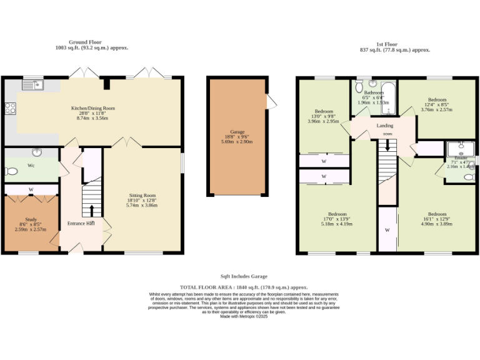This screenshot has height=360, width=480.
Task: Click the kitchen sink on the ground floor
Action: (x=32, y=84)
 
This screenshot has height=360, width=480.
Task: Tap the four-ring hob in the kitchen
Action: (x=10, y=108)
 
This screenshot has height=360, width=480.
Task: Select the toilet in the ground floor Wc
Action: (x=11, y=171)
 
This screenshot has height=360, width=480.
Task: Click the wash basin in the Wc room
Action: (x=37, y=151)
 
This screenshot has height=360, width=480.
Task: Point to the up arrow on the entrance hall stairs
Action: (x=92, y=209)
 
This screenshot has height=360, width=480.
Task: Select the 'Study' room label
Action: (x=31, y=219)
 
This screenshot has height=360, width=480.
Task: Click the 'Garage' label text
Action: (x=237, y=132)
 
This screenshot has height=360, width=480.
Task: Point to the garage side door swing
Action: (x=271, y=101)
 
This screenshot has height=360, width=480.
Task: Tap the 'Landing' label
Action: (x=384, y=126)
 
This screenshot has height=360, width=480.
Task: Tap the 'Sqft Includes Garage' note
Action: (x=244, y=276)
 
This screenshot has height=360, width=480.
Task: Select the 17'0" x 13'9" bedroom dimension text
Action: (x=337, y=218)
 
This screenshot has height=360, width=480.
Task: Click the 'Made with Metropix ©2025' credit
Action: (x=244, y=316)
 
